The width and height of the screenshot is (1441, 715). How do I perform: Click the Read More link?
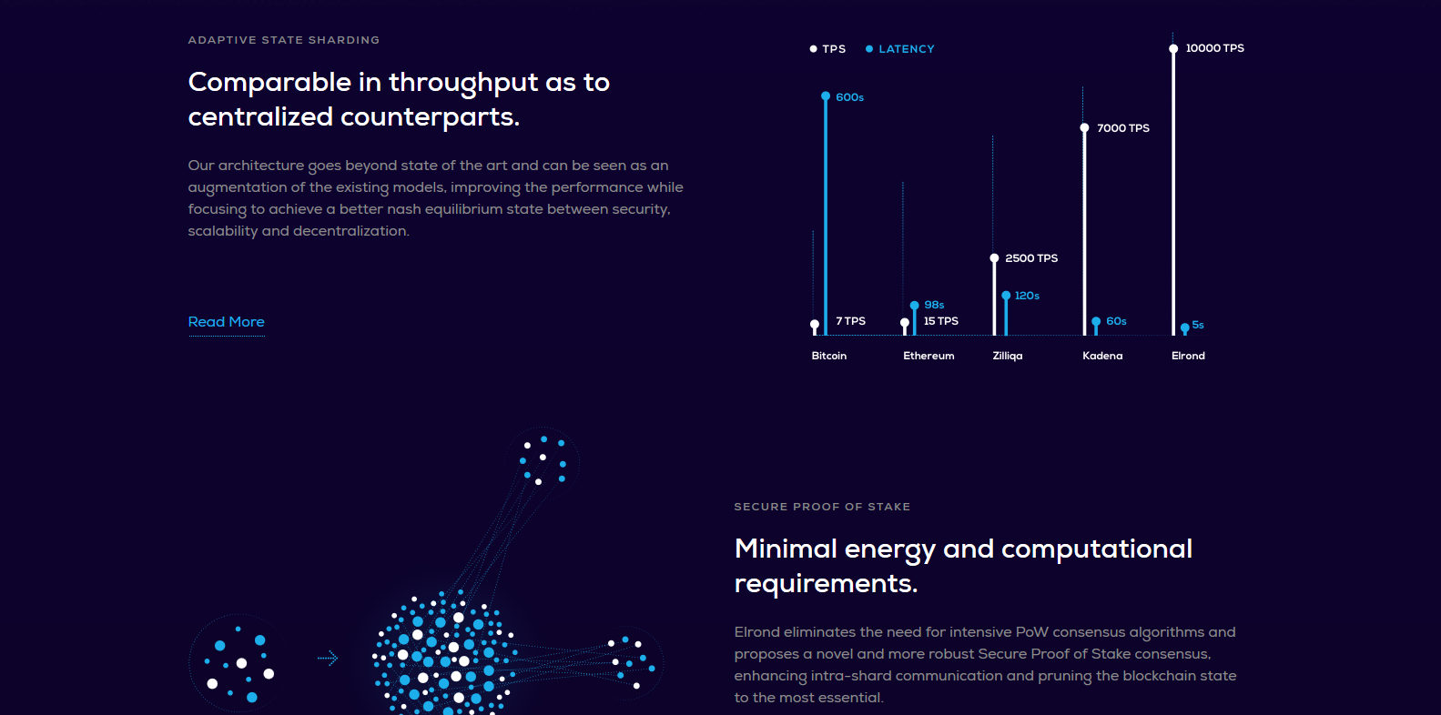(x=226, y=321)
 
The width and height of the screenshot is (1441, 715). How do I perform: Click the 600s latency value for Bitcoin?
(x=849, y=97)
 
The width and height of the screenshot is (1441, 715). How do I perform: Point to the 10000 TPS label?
(x=1214, y=48)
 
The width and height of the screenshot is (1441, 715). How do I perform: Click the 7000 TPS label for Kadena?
(x=1122, y=128)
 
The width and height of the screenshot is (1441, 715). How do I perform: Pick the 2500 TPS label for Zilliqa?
(x=1031, y=257)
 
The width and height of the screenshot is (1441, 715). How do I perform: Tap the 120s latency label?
(x=1027, y=296)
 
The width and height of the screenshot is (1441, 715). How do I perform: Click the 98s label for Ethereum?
(x=934, y=305)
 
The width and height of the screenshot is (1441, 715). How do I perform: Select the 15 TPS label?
(x=940, y=321)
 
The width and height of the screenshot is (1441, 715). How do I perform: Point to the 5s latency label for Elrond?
(x=1197, y=325)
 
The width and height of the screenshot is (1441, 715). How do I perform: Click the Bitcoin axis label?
(x=828, y=356)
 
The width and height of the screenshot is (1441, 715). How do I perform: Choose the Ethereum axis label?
(x=929, y=356)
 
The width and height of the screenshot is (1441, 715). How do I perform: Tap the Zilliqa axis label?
(x=1007, y=356)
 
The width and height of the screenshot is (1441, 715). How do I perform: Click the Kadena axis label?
(x=1102, y=356)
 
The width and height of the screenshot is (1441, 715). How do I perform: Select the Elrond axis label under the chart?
(x=1188, y=356)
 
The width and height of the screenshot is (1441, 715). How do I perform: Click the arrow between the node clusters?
(x=328, y=658)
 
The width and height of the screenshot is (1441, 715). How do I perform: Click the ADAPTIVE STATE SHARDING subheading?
(x=284, y=40)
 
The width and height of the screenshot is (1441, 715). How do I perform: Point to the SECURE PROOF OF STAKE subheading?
(x=822, y=507)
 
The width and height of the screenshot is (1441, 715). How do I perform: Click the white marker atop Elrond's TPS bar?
(x=1173, y=49)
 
